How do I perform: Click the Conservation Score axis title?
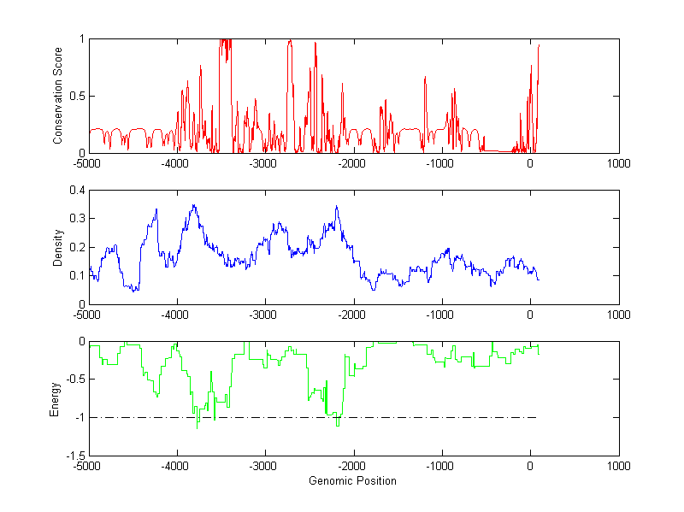tap(57, 96)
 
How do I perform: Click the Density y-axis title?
tap(57, 247)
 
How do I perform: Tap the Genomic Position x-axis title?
tap(352, 480)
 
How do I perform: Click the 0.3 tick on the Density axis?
tap(75, 218)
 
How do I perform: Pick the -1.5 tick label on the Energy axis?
tap(74, 456)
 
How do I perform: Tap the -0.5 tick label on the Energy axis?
tap(74, 380)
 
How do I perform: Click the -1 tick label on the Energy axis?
tap(78, 418)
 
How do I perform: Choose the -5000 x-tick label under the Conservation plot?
tap(88, 163)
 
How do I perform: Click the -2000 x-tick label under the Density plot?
tap(353, 315)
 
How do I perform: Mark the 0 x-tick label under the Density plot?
tap(530, 315)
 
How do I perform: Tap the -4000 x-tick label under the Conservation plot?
tap(176, 163)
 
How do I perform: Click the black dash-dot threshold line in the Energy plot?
tap(427, 417)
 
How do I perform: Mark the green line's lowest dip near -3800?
tap(198, 427)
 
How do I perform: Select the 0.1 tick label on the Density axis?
tap(75, 275)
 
